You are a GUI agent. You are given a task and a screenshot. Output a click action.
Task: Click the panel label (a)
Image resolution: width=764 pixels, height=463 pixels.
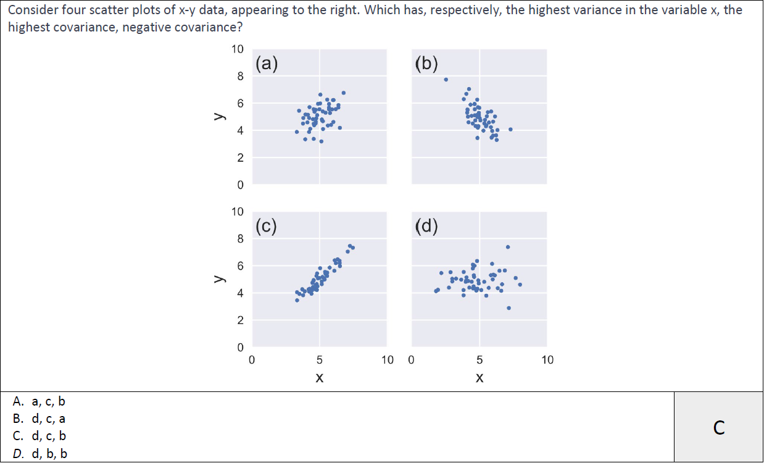[x=267, y=64]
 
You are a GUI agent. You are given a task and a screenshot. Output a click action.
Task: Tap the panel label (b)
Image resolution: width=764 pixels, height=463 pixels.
[x=427, y=64]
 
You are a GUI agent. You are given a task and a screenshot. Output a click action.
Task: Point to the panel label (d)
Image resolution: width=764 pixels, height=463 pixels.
[x=427, y=226]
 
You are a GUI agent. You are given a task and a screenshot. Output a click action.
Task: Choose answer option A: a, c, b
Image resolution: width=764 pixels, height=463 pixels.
[x=39, y=401]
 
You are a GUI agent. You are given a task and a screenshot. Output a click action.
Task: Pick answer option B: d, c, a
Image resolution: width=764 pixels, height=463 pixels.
[x=39, y=419]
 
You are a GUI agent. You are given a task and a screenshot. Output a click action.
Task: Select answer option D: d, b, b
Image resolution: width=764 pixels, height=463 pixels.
[x=39, y=454]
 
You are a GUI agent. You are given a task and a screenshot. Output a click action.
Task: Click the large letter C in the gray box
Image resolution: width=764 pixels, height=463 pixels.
[x=718, y=427]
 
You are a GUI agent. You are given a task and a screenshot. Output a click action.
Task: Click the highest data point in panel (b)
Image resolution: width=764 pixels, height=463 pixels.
[x=446, y=79]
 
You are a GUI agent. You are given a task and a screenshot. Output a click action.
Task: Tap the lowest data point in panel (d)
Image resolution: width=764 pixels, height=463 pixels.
[x=509, y=307]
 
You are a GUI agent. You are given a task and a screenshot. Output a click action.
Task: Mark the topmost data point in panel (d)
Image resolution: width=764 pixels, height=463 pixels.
[x=508, y=247]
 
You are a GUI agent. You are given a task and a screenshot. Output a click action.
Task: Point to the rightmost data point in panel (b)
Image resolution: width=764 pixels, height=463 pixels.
[x=510, y=129]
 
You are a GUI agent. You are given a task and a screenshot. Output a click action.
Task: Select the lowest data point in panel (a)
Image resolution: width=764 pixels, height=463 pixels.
[x=321, y=141]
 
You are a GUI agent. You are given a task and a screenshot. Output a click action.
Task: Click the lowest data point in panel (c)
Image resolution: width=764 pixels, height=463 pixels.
[x=297, y=300]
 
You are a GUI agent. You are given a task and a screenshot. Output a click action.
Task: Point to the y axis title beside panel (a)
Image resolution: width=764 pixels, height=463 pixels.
[x=218, y=116]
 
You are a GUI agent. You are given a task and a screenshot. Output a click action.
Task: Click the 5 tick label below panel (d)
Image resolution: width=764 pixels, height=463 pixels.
[x=480, y=360]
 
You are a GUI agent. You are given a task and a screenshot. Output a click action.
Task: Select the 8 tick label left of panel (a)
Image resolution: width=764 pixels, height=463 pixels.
[x=240, y=76]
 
